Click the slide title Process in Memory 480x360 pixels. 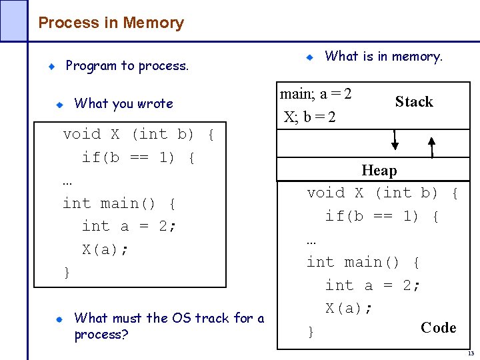tap(111, 23)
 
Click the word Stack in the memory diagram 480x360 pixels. tap(413, 102)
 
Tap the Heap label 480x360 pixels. tap(379, 171)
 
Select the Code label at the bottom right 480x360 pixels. tap(438, 327)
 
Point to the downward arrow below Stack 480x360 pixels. tap(395, 139)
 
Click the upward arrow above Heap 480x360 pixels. tap(432, 147)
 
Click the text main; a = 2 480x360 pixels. tap(316, 94)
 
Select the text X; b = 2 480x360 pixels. tap(310, 117)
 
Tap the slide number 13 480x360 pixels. tap(470, 353)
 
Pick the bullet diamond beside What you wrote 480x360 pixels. tap(59, 104)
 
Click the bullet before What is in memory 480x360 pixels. tap(310, 58)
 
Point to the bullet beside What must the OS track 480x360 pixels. tap(59, 319)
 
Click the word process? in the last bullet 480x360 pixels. tap(101, 334)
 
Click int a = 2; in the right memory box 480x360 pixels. tap(373, 285)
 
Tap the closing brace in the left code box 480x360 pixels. tap(66, 273)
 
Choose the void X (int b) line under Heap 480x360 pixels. tap(382, 193)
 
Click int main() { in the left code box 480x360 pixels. tap(119, 203)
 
